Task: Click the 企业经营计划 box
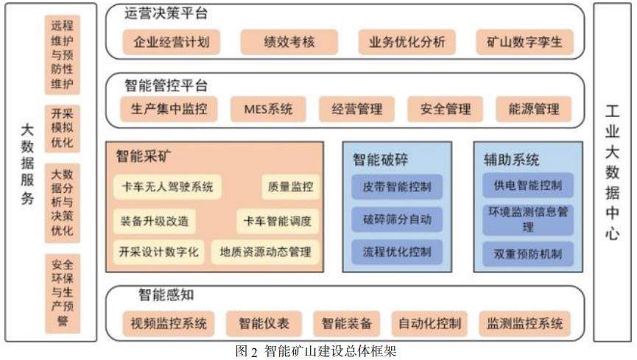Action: [172, 42]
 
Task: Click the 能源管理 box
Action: [534, 110]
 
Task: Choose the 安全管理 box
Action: [446, 110]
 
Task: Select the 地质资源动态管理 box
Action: [265, 252]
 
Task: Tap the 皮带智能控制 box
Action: [397, 185]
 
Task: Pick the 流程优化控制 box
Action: [397, 252]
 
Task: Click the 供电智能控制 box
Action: [528, 185]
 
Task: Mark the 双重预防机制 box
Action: [528, 254]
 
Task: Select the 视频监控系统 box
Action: [169, 322]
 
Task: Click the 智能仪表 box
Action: [264, 322]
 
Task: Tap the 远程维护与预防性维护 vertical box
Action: [62, 56]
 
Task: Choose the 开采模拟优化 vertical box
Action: [62, 128]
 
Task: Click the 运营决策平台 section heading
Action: [166, 13]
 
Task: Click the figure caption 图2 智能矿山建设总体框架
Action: [316, 350]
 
